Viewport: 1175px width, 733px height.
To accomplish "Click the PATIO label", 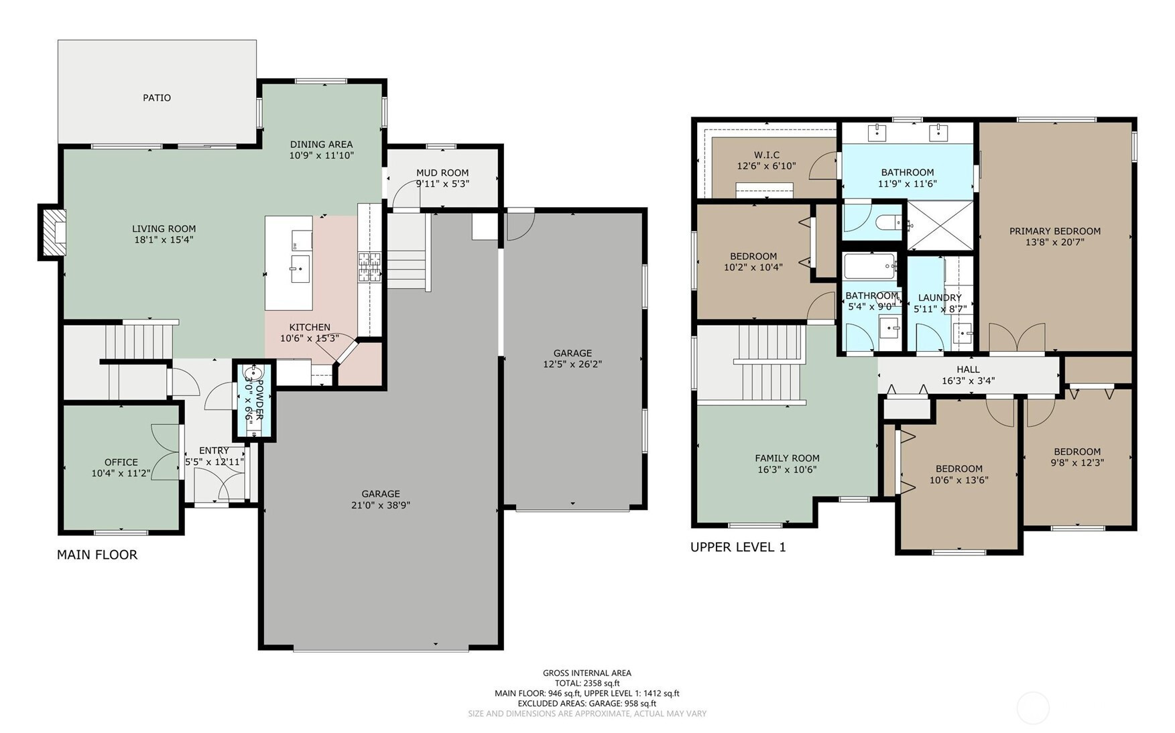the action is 157,98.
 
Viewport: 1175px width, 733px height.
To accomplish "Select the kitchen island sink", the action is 300,269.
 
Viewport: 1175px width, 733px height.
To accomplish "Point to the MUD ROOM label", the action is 442,173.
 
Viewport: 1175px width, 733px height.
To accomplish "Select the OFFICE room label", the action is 121,462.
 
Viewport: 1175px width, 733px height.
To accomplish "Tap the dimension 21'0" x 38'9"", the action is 381,505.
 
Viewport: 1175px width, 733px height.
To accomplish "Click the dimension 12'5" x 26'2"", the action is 572,364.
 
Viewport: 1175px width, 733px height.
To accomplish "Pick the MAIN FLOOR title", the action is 97,555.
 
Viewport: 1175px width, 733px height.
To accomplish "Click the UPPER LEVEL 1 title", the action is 738,547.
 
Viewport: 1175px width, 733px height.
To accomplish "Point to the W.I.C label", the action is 767,155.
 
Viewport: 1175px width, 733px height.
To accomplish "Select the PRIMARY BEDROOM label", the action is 1055,231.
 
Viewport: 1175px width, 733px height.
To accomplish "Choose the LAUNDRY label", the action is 940,298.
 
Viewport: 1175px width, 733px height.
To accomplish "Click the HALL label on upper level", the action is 968,369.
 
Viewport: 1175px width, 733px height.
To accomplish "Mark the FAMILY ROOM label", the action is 787,458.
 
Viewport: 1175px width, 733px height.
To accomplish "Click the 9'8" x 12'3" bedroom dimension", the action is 1077,462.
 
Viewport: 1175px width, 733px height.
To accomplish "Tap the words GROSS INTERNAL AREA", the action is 587,673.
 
